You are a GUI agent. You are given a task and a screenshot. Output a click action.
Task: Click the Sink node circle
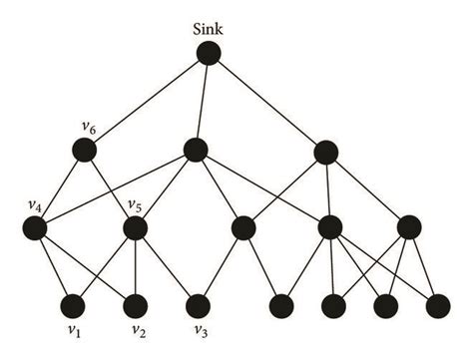click(x=208, y=54)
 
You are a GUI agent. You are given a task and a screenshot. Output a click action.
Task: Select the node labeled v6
click(x=84, y=151)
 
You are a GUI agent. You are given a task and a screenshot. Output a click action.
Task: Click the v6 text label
click(x=87, y=127)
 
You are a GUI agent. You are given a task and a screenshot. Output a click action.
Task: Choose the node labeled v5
click(x=136, y=228)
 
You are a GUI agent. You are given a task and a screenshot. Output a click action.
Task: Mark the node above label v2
click(x=136, y=304)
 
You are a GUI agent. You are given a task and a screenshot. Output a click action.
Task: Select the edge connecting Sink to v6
click(x=146, y=102)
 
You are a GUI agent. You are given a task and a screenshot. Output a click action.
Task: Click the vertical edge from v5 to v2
click(x=136, y=266)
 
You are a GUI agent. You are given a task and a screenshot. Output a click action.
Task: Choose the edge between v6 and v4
click(x=60, y=189)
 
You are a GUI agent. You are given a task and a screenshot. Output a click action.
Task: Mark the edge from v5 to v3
click(x=169, y=266)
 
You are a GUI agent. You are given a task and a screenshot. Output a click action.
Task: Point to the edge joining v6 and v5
click(x=110, y=189)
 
